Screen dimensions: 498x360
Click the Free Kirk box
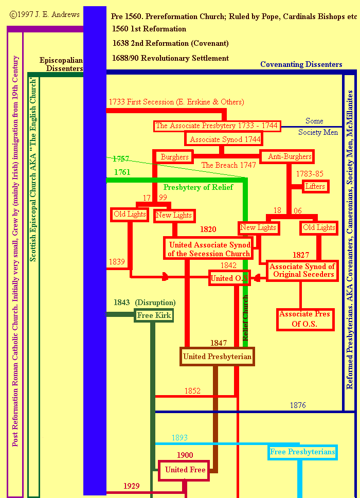coord(154,315)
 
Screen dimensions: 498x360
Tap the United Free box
coord(185,470)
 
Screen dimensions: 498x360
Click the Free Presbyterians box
coord(302,452)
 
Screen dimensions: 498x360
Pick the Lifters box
coord(315,186)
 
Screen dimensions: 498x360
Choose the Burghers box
coord(175,156)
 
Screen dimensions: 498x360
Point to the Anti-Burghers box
coord(290,156)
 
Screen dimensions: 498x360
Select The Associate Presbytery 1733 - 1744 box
coord(217,126)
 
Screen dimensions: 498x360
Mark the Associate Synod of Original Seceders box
coord(302,270)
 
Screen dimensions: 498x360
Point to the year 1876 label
coord(298,405)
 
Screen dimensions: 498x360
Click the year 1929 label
coord(132,486)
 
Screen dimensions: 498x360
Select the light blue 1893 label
coord(179,438)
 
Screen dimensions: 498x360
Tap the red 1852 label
coord(192,391)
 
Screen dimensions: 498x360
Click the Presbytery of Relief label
coord(198,187)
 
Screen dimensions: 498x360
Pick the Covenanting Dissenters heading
coord(301,64)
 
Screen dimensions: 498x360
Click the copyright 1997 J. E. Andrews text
coord(45,14)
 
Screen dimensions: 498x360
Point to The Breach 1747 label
coord(228,165)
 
